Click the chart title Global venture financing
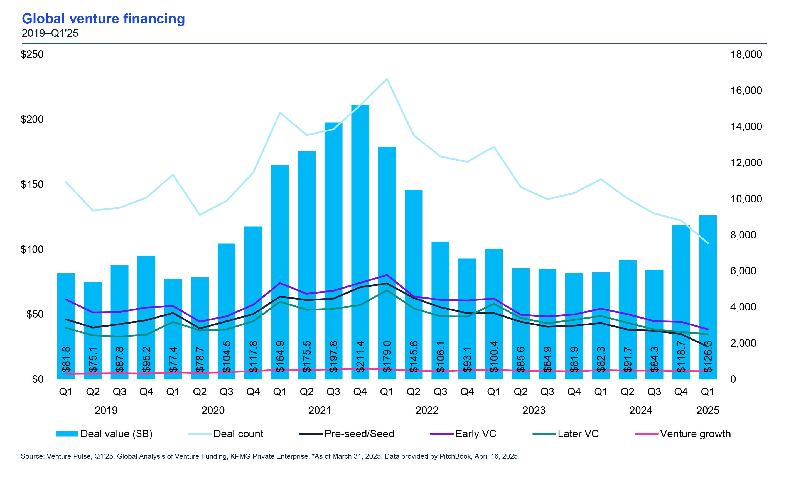[103, 19]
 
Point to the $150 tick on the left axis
[32, 185]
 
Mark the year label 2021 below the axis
[320, 410]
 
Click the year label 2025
[708, 410]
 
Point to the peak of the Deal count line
[387, 79]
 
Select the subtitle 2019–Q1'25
[50, 33]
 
